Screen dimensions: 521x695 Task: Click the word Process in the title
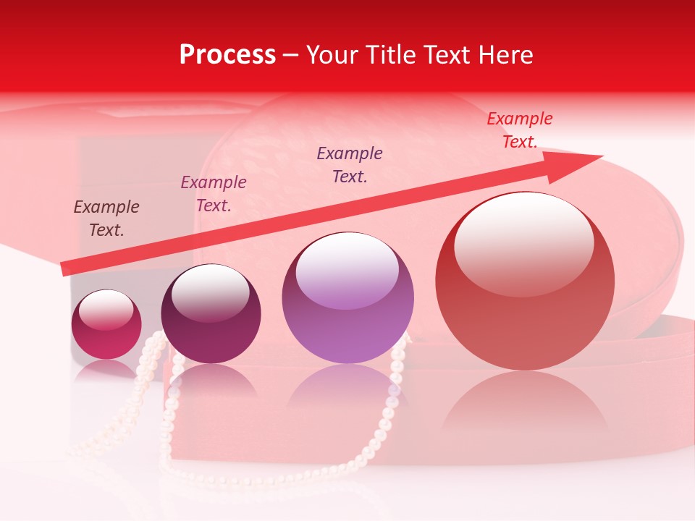click(x=227, y=55)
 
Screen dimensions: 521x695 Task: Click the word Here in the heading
click(x=505, y=55)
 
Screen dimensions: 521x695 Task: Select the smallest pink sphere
click(x=106, y=325)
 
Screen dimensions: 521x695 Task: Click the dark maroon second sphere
click(x=211, y=314)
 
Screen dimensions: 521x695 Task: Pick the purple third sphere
click(x=347, y=298)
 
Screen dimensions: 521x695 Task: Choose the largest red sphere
click(x=525, y=281)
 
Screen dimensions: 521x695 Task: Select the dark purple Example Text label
click(x=350, y=164)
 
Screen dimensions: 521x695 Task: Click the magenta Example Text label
click(x=214, y=193)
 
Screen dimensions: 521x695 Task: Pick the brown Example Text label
click(x=106, y=218)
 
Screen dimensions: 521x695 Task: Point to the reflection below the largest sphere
click(x=525, y=405)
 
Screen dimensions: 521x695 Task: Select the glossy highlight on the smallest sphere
click(x=106, y=310)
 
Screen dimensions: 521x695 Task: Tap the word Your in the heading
click(x=332, y=55)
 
